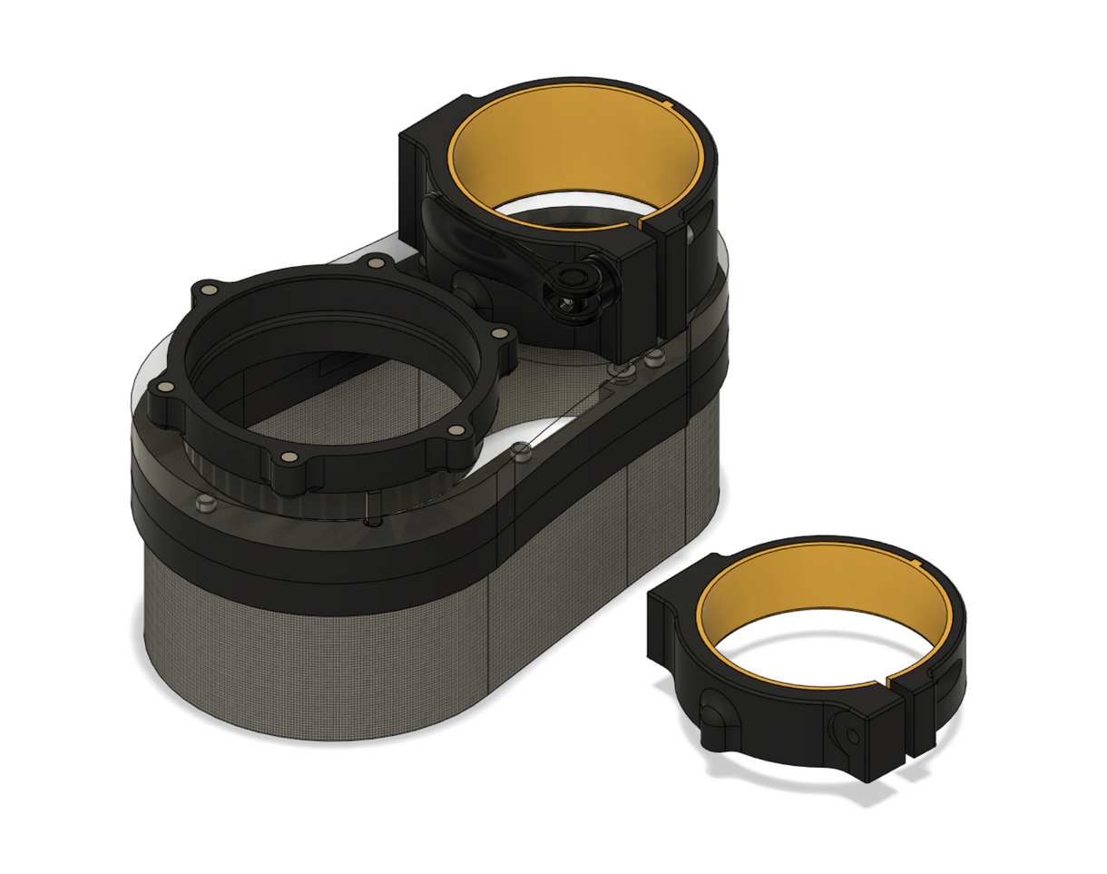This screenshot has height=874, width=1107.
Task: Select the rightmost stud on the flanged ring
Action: click(x=496, y=334)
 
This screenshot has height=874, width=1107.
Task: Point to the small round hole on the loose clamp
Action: click(x=850, y=731)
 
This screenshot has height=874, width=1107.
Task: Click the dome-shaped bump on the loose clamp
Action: click(x=715, y=717)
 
